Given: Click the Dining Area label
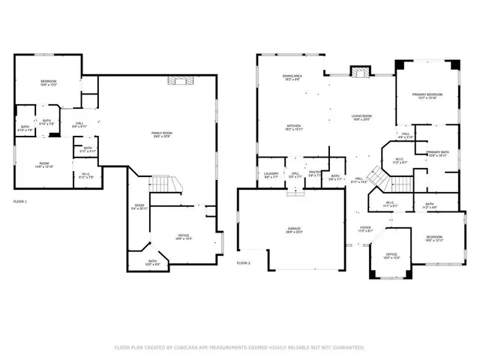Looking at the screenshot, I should pyautogui.click(x=292, y=77).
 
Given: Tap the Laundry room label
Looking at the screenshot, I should pyautogui.click(x=271, y=175).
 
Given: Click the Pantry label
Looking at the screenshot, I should pyautogui.click(x=314, y=174).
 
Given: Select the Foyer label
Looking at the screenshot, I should pyautogui.click(x=365, y=229).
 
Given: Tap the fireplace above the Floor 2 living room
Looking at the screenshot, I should pyautogui.click(x=361, y=73).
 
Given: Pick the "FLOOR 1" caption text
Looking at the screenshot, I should pyautogui.click(x=20, y=202).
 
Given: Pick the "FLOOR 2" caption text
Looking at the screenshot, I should pyautogui.click(x=244, y=263).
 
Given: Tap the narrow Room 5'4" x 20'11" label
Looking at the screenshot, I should pyautogui.click(x=139, y=207).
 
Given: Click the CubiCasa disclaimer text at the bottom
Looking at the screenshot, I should pyautogui.click(x=239, y=347).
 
